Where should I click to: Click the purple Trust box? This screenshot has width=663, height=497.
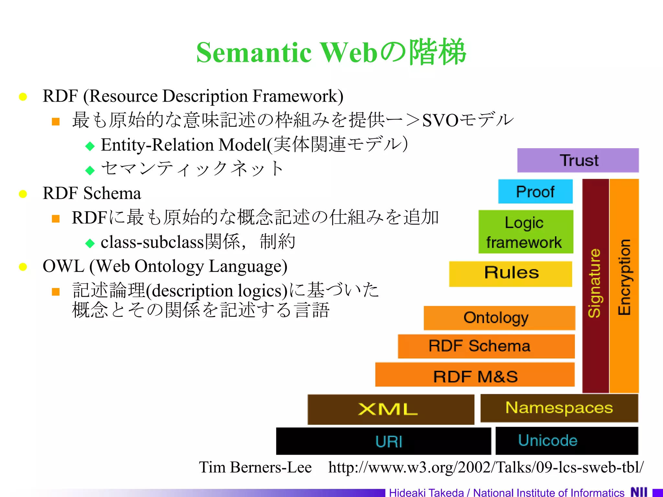click(578, 160)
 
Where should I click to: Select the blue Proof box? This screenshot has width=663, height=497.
click(535, 191)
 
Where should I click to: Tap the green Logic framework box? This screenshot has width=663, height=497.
click(525, 232)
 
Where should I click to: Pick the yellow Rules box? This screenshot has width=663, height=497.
click(511, 274)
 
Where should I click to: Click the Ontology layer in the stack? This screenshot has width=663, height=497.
click(499, 318)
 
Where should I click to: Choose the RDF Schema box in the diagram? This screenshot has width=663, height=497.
click(486, 346)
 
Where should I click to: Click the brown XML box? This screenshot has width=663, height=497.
click(391, 409)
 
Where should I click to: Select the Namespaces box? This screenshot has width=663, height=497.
click(559, 408)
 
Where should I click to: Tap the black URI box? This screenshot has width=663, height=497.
click(384, 441)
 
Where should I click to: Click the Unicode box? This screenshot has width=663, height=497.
click(567, 441)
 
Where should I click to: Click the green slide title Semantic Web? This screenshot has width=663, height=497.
click(331, 52)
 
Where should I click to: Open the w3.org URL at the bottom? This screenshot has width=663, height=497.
click(486, 467)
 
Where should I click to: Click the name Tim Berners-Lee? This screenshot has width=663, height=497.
click(255, 467)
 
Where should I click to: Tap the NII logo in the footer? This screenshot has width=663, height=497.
click(639, 492)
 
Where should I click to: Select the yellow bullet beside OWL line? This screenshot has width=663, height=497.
click(23, 267)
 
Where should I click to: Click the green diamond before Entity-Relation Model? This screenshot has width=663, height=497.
click(90, 146)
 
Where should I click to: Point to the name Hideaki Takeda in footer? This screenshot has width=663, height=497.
click(426, 492)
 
